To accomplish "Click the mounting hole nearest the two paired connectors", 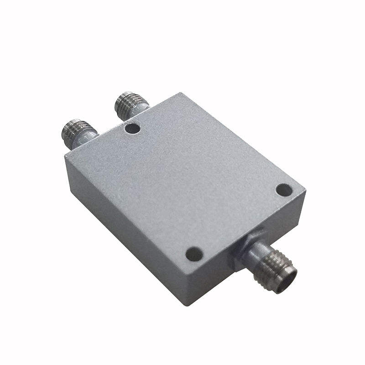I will click(133, 129).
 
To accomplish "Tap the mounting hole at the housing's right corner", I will click(284, 189).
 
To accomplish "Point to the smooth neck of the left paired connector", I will click(88, 137).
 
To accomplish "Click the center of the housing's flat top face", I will click(182, 182).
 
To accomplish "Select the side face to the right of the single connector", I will click(283, 228).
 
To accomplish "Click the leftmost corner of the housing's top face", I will click(65, 156).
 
